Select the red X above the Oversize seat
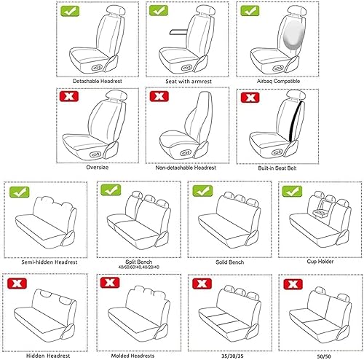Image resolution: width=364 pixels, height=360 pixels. [x=70, y=96]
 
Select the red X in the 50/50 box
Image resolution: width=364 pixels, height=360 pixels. [x=293, y=283]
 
